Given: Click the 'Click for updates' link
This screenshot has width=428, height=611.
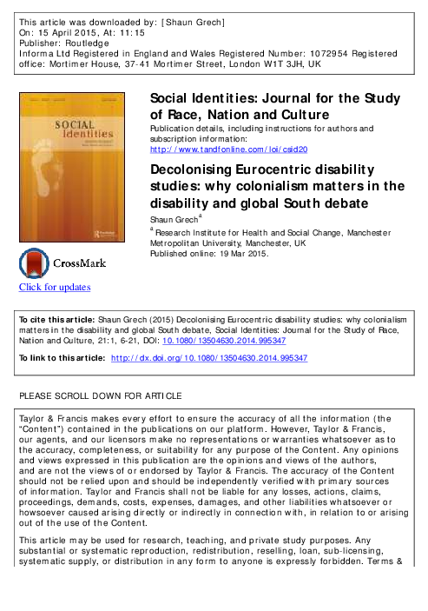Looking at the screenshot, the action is [x=55, y=288].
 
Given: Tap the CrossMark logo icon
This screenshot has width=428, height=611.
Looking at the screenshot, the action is [x=36, y=263].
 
